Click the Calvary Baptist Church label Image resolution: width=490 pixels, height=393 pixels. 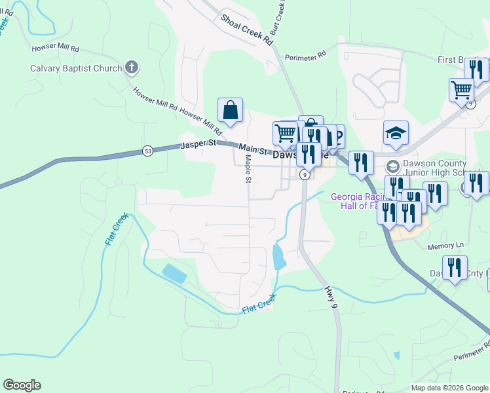[x=76, y=68]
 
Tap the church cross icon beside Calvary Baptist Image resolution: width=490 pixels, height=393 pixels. [x=131, y=67]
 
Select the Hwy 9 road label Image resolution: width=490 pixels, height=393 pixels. [x=331, y=298]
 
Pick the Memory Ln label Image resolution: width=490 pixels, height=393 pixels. [x=445, y=246]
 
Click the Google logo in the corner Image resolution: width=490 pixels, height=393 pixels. [x=22, y=385]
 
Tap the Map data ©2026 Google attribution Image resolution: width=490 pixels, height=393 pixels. [x=449, y=388]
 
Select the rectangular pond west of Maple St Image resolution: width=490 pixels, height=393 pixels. [x=174, y=273]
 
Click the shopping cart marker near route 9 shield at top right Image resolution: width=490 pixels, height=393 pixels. [x=462, y=89]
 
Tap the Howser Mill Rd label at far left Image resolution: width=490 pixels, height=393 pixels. [x=55, y=48]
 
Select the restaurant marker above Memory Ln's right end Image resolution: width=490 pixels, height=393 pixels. [x=455, y=267]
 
